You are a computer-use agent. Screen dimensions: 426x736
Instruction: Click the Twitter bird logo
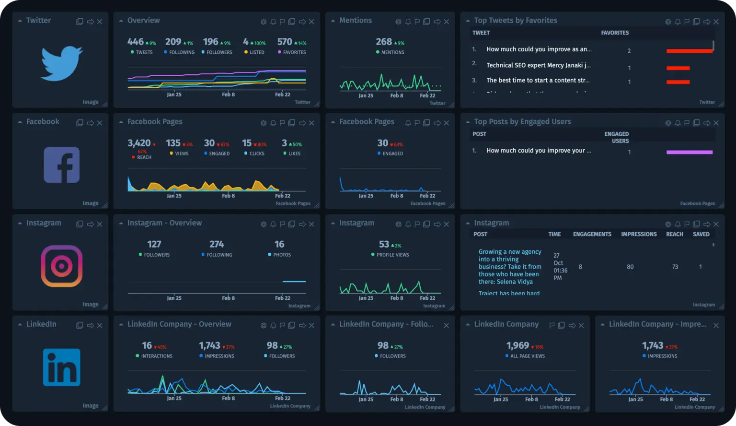(x=61, y=63)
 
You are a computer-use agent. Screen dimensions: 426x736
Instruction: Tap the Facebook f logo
(x=61, y=165)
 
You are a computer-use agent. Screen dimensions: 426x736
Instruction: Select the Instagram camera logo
(x=61, y=266)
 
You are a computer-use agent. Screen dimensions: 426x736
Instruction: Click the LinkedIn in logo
(x=61, y=367)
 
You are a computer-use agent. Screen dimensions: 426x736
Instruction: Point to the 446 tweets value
(x=136, y=42)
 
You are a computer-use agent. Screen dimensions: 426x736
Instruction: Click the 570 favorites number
(x=285, y=42)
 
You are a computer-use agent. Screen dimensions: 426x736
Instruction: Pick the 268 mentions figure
(x=384, y=42)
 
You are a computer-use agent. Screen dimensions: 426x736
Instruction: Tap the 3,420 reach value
(x=139, y=143)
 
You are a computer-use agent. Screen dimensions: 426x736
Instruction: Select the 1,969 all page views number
(x=517, y=346)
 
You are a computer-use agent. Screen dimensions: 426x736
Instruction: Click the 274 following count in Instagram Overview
(x=217, y=245)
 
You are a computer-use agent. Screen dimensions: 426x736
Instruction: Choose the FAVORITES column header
(x=615, y=33)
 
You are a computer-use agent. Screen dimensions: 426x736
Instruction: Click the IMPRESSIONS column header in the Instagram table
(x=639, y=235)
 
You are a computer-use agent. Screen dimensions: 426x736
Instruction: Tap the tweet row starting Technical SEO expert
(x=538, y=65)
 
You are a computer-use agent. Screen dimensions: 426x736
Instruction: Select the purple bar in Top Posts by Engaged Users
(x=689, y=153)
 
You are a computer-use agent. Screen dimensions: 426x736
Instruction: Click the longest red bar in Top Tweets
(x=689, y=51)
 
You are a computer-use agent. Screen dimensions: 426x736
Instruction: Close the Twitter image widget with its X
(x=100, y=22)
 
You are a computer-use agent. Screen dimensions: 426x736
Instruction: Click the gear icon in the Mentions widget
(x=398, y=22)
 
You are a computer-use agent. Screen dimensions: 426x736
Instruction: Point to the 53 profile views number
(x=384, y=245)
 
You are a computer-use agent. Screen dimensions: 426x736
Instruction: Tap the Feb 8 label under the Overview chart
(x=228, y=95)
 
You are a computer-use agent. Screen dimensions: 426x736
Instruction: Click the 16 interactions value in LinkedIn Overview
(x=147, y=346)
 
